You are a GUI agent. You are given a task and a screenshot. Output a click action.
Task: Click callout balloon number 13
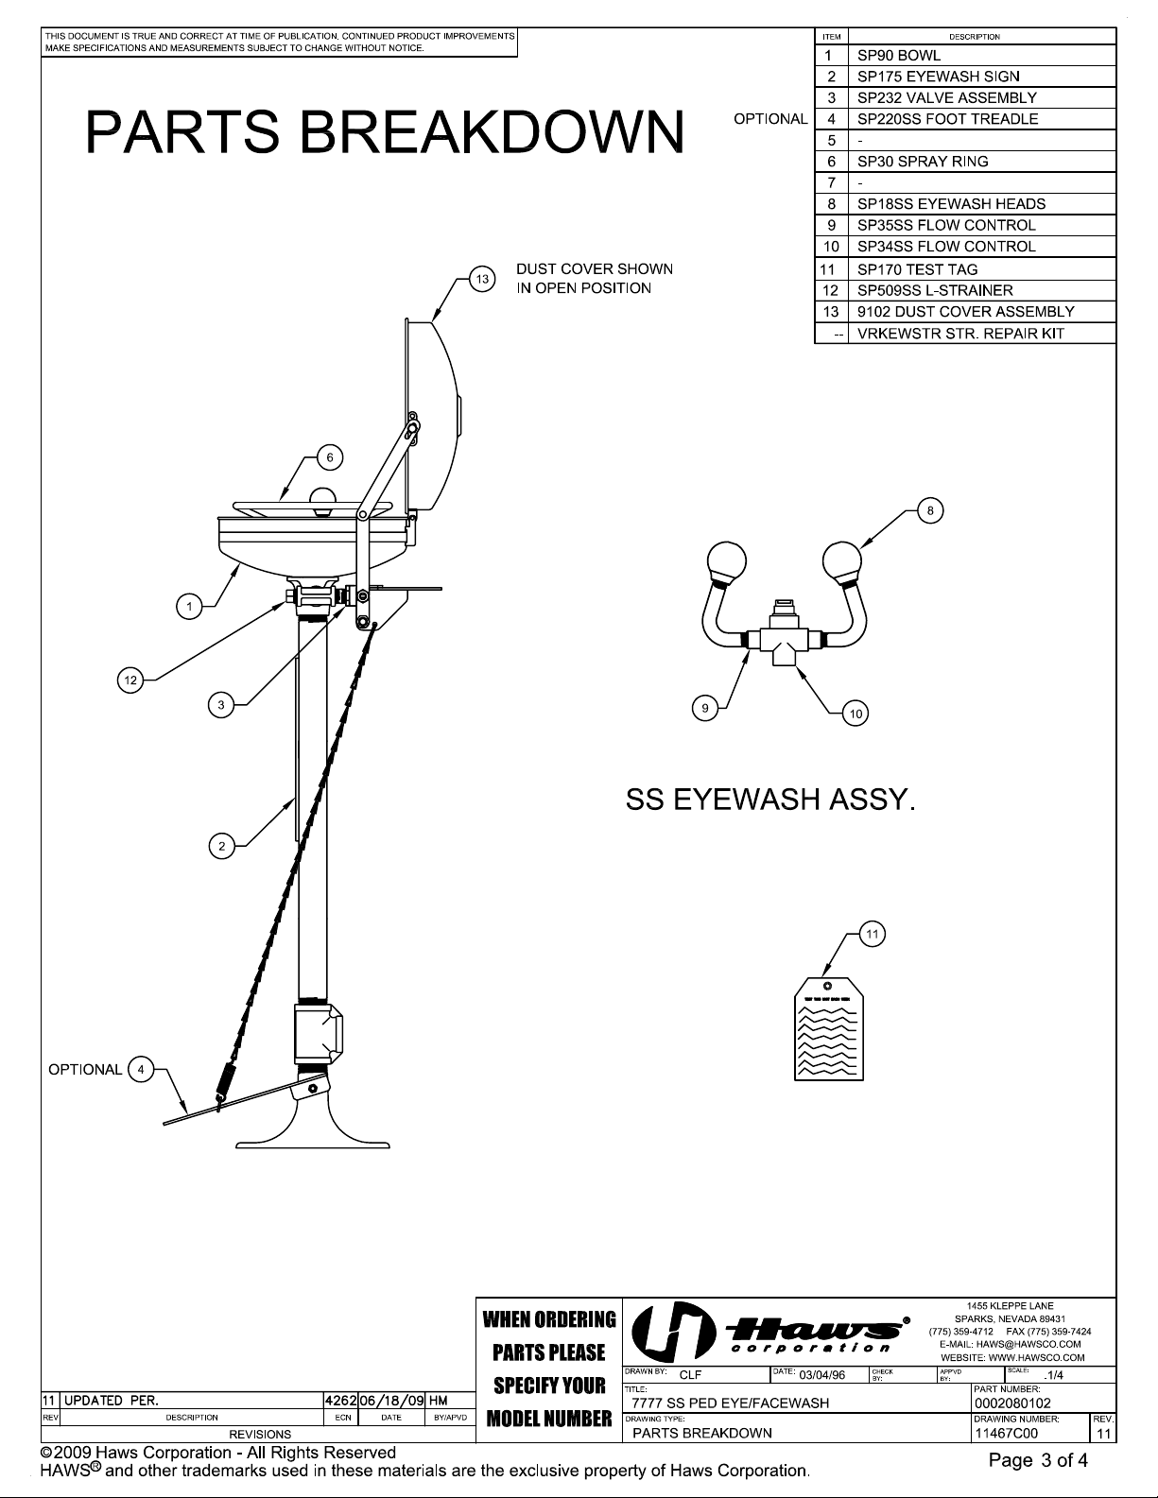[482, 279]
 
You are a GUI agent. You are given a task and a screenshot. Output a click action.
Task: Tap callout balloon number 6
[330, 457]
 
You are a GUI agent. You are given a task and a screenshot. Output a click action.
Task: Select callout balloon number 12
[130, 680]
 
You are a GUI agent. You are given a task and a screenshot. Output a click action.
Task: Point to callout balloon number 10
[856, 714]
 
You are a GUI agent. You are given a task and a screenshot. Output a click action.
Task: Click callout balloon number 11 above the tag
[872, 934]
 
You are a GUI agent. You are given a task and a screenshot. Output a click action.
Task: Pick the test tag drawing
[828, 1028]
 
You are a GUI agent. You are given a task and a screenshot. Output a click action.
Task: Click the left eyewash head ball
[727, 560]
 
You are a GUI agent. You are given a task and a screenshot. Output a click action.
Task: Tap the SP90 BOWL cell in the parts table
[899, 55]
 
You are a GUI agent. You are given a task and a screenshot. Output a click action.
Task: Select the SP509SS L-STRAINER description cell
[935, 290]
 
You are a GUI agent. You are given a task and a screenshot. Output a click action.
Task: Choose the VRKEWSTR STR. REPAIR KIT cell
[960, 334]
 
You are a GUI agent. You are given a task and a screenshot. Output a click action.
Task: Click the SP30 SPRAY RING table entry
[923, 162]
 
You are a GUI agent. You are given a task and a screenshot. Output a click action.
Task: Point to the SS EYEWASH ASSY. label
[770, 800]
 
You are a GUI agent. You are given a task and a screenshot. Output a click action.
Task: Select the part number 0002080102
[1012, 1403]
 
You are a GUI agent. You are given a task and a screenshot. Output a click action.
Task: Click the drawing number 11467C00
[1006, 1433]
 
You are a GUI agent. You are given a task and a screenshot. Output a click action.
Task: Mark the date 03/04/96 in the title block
[821, 1375]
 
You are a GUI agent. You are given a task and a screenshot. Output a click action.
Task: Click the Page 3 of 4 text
[1038, 1460]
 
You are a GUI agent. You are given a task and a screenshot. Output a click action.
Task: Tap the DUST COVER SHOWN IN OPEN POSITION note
[595, 279]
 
